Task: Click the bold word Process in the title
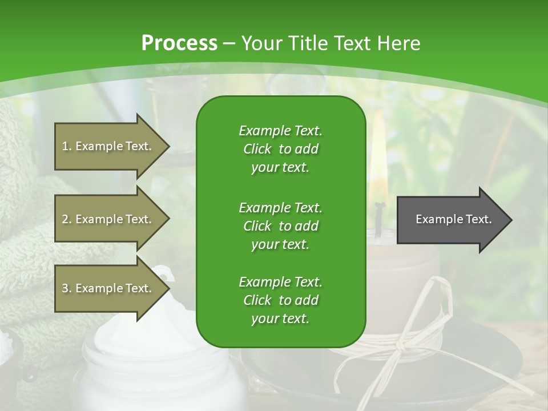(179, 43)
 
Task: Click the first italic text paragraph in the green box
(280, 149)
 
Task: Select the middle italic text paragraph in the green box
(280, 226)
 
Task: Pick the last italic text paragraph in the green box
(280, 300)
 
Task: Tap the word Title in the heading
(306, 43)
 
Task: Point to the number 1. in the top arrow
(67, 146)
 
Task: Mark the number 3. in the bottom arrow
(67, 288)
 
